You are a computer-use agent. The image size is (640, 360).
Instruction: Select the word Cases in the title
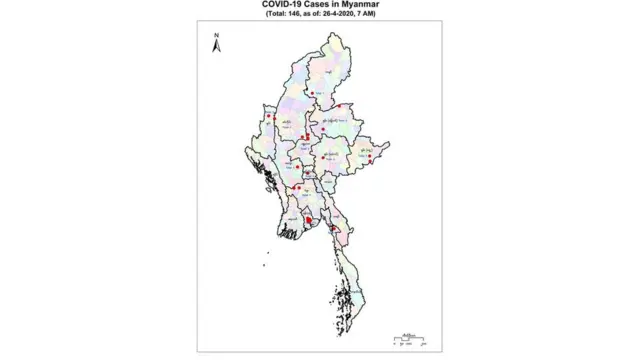(x=325, y=5)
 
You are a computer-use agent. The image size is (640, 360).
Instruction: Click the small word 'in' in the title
(x=342, y=5)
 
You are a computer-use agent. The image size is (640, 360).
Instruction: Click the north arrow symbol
(x=216, y=46)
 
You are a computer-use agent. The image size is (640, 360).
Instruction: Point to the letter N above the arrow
(x=216, y=35)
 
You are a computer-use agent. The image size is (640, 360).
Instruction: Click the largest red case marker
(x=310, y=221)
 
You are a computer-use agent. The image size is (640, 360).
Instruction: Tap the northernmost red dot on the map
(x=313, y=93)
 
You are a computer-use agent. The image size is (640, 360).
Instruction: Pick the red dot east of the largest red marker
(x=332, y=227)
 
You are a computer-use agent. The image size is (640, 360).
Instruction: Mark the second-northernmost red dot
(x=339, y=106)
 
